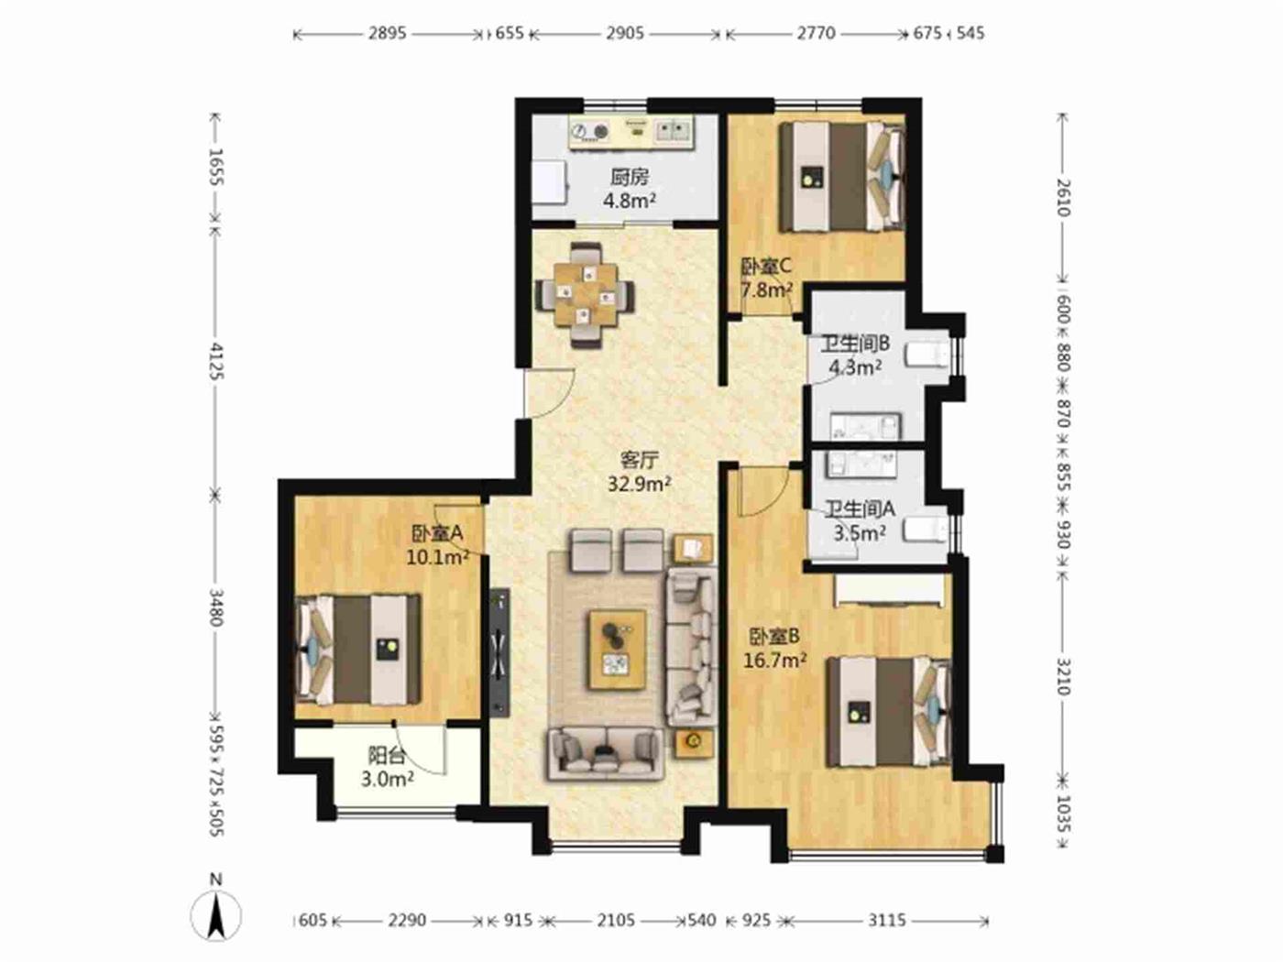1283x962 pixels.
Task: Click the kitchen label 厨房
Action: pyautogui.click(x=630, y=177)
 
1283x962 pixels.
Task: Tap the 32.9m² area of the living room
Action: pyautogui.click(x=639, y=485)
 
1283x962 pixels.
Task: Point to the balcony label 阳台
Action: pyautogui.click(x=387, y=756)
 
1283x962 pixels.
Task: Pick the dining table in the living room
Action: pyautogui.click(x=586, y=295)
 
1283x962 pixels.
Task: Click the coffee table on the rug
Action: pyautogui.click(x=618, y=650)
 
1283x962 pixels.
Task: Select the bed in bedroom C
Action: pyautogui.click(x=843, y=177)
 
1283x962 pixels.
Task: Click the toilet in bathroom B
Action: pyautogui.click(x=927, y=355)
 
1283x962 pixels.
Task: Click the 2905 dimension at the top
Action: pyautogui.click(x=624, y=33)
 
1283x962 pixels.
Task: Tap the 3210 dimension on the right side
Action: pyautogui.click(x=1063, y=676)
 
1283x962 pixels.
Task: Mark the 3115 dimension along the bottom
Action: pyautogui.click(x=887, y=921)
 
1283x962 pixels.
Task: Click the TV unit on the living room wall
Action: pyautogui.click(x=499, y=651)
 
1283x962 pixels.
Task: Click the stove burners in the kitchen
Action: pyautogui.click(x=590, y=131)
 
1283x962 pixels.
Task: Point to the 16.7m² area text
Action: pyautogui.click(x=775, y=660)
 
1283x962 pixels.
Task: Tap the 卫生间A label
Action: pyautogui.click(x=860, y=509)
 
